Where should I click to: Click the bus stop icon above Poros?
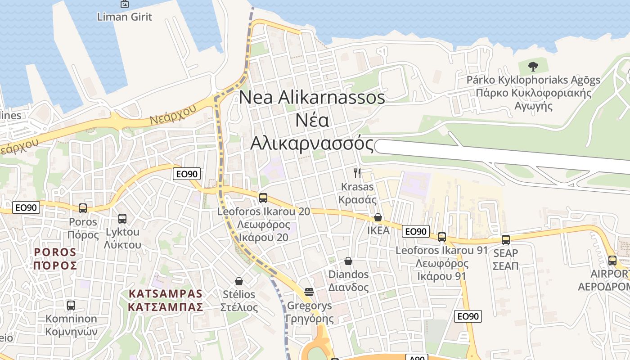[x=83, y=208]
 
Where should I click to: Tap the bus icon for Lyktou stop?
[x=122, y=219]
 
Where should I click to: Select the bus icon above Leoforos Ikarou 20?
[x=263, y=198]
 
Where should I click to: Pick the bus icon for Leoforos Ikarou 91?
[x=442, y=237]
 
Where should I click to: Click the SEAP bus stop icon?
[x=506, y=240]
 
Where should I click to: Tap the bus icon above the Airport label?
[x=612, y=260]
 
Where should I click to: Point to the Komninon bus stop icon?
[x=71, y=306]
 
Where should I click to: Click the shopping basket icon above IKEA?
[x=378, y=218]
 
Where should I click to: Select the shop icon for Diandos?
[x=348, y=261]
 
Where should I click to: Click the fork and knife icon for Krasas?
[x=358, y=173]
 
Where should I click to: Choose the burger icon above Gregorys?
[x=309, y=292]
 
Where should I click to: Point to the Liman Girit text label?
[x=125, y=17]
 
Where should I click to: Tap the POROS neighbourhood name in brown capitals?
[x=55, y=252]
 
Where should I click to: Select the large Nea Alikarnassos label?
[x=312, y=98]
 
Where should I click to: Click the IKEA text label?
[x=378, y=230]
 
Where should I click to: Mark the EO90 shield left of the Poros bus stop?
[x=26, y=207]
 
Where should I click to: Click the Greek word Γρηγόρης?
[x=310, y=319]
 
